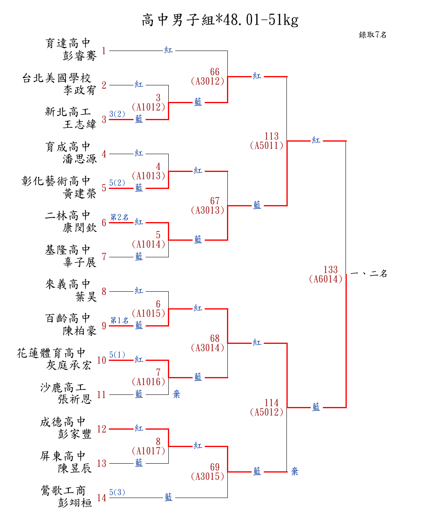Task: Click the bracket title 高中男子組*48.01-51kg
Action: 220,20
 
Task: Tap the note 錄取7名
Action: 373,35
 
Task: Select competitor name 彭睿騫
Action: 80,56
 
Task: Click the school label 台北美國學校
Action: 57,78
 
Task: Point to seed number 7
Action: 104,257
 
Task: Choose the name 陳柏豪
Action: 80,331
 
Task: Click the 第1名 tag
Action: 119,320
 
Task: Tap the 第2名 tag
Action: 119,217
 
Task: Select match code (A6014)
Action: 326,279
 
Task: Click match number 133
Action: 331,269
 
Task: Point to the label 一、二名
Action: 369,274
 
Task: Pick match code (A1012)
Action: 148,107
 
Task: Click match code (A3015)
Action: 208,477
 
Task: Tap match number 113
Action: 271,136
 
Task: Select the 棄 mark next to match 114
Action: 295,471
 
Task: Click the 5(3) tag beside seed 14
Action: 117,492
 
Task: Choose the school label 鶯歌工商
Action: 63,491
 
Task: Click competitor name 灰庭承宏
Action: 69,365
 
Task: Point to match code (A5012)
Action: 267,412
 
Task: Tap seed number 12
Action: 102,429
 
